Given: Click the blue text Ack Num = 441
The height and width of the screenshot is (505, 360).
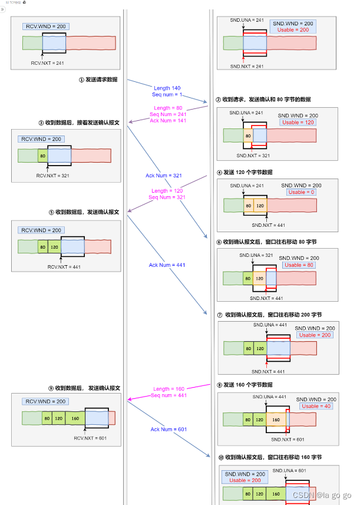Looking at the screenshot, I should [x=167, y=265].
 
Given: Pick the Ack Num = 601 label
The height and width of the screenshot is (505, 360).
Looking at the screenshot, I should [x=169, y=430].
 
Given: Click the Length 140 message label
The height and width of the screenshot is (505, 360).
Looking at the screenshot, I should [x=167, y=88].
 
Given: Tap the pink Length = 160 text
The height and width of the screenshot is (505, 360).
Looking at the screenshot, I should [x=169, y=389].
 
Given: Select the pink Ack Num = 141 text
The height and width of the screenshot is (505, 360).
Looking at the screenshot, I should [x=168, y=121].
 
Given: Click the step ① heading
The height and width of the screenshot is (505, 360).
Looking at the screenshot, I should [x=98, y=79].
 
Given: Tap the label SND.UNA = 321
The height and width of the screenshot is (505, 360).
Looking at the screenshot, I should [x=256, y=256].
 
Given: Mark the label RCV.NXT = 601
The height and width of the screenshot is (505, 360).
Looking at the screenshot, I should [x=90, y=438].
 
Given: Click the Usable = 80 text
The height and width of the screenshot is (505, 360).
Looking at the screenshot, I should [x=300, y=265].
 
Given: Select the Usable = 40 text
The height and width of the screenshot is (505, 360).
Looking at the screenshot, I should [x=317, y=407].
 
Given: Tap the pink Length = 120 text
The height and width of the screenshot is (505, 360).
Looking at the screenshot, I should [x=167, y=191].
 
